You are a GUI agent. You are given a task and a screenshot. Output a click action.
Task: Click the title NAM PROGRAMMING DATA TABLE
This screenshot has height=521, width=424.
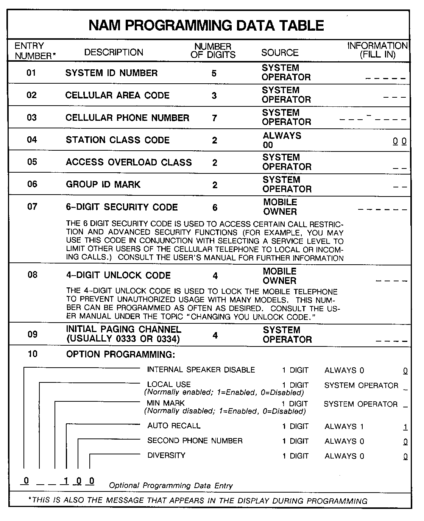(x=206, y=25)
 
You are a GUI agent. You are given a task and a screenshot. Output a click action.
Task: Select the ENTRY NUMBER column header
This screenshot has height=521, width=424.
(x=34, y=51)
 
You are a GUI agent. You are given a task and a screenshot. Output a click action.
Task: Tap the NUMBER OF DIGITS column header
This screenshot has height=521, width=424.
(x=213, y=51)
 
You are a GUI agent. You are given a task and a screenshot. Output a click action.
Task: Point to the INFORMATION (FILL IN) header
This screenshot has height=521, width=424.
(x=377, y=50)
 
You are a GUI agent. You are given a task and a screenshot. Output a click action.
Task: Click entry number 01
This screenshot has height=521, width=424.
(x=31, y=73)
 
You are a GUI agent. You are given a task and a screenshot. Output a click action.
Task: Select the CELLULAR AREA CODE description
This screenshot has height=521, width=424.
(x=117, y=95)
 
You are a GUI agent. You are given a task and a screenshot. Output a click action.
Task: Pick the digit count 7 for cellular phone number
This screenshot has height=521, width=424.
(x=214, y=118)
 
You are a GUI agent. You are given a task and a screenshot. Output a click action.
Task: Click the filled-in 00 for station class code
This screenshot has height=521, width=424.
(x=399, y=142)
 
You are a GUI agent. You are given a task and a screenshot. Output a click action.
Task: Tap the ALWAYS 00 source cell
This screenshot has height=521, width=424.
(x=282, y=140)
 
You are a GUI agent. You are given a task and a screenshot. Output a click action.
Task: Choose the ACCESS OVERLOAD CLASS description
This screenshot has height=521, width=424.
(x=129, y=162)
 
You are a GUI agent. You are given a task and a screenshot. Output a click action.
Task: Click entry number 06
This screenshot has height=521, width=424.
(x=32, y=184)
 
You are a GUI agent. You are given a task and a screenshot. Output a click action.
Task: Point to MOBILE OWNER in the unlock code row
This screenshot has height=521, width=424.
(x=280, y=276)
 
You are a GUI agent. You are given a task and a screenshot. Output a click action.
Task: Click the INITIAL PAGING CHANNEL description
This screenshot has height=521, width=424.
(x=123, y=334)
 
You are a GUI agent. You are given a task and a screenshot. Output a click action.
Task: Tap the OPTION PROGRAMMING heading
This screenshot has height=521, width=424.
(x=120, y=354)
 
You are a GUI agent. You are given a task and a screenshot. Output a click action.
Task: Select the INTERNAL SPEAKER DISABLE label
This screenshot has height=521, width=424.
(x=201, y=370)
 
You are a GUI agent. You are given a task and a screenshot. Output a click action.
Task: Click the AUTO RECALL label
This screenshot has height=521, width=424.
(x=174, y=426)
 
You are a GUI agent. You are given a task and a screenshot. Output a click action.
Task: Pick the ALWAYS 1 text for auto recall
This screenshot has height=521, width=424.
(x=344, y=427)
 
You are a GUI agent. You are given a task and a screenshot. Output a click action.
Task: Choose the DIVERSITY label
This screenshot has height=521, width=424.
(x=166, y=455)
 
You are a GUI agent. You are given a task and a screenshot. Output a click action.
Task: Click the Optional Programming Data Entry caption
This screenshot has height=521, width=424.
(x=171, y=485)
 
